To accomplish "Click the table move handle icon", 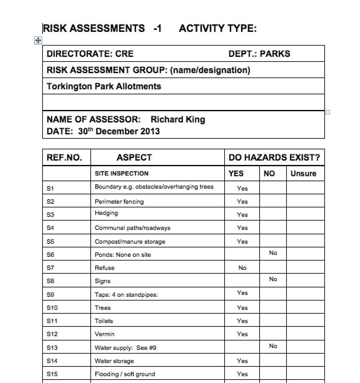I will (x=38, y=40).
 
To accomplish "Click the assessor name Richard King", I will (x=178, y=119).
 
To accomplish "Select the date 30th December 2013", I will (x=119, y=131).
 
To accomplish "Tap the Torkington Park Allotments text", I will (x=104, y=86).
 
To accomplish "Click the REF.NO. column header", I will (x=64, y=157).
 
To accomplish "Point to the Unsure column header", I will (x=303, y=174).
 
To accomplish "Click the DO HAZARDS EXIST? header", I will (x=274, y=157).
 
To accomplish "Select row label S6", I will (x=50, y=255).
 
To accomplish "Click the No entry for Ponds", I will (x=273, y=253).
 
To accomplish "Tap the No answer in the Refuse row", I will (x=242, y=268).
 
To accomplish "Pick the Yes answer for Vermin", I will (x=242, y=334).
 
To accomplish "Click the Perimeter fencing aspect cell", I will (x=119, y=201).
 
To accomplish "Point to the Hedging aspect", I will (x=106, y=213).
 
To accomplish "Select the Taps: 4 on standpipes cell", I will (x=126, y=295).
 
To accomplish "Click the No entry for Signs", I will (x=273, y=279).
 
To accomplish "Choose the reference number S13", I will (x=52, y=348).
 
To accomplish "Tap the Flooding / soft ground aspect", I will (x=125, y=374).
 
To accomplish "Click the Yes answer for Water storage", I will (x=242, y=361).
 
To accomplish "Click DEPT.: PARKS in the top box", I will (x=259, y=54).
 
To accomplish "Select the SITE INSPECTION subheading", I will (x=121, y=174).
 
